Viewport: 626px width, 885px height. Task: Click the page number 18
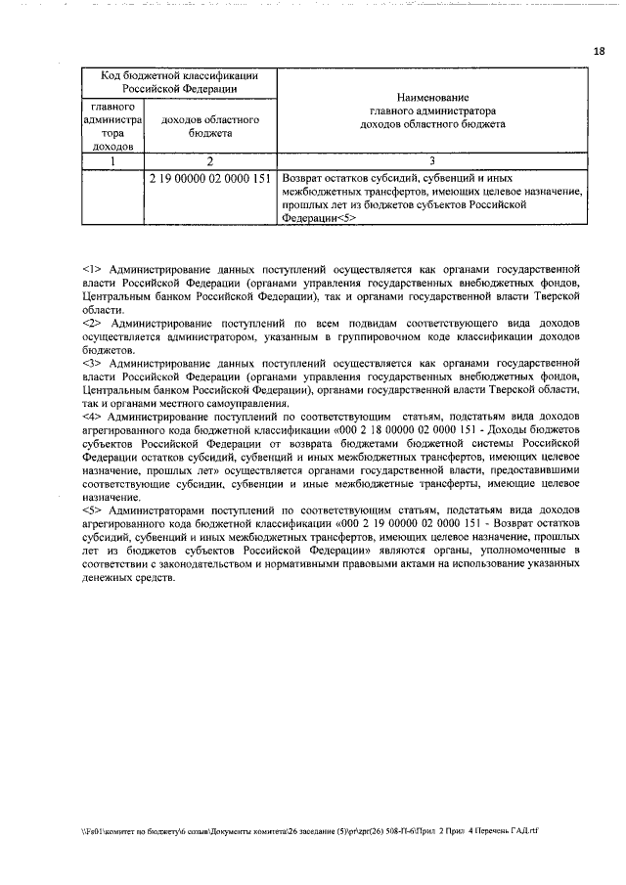point(599,51)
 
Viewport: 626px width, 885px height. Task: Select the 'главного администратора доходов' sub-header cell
point(113,125)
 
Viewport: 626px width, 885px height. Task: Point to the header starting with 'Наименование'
point(432,111)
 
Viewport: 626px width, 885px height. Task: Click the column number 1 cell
point(113,161)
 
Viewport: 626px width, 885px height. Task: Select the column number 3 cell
point(432,161)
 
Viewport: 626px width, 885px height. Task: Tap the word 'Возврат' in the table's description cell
point(302,179)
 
